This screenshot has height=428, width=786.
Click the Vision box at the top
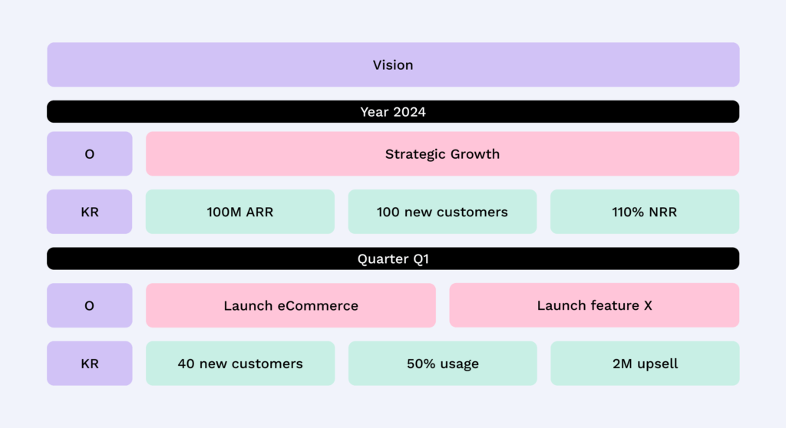[x=393, y=65]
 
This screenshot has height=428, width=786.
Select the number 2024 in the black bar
[x=410, y=112]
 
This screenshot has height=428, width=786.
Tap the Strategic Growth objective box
[x=442, y=154]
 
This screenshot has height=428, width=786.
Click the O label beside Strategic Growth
[x=89, y=154]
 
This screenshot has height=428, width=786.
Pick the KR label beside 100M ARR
[x=89, y=212]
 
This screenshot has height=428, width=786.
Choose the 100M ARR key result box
[x=240, y=212]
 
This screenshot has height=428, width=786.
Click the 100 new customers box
[x=442, y=212]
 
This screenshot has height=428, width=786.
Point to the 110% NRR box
[x=645, y=212]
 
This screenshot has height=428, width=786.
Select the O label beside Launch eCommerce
[x=89, y=305]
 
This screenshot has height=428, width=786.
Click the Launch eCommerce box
[x=291, y=305]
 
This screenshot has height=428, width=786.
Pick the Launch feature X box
[x=594, y=305]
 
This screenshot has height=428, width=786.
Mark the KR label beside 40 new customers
[x=89, y=364]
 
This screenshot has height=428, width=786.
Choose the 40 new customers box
[x=240, y=364]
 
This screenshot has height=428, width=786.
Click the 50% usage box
[x=442, y=364]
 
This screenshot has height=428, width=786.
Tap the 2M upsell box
[x=645, y=364]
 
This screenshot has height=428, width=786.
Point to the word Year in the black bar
[x=375, y=112]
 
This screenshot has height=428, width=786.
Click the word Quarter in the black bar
[x=381, y=259]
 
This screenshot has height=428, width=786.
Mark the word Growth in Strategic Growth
[x=474, y=154]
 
